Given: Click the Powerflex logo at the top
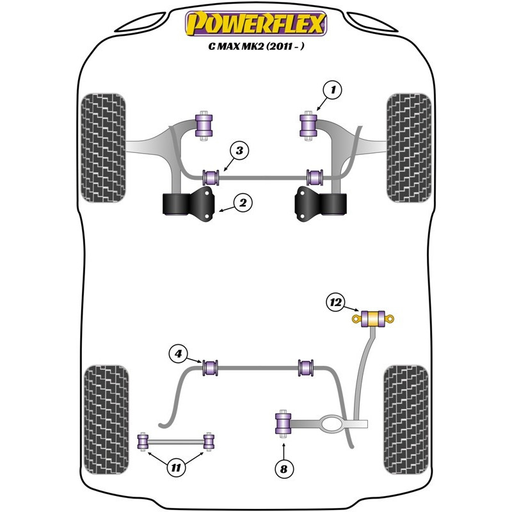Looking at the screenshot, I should (256, 24).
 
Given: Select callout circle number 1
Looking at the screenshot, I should (333, 91).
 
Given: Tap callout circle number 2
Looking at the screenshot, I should (243, 204).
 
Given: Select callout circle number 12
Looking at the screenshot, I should (335, 302).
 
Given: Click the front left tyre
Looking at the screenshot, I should (105, 148).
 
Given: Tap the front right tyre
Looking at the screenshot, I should (408, 148).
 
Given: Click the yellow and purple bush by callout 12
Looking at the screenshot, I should (372, 318).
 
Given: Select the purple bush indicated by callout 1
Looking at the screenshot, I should (310, 124).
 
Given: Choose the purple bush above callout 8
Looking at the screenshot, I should (283, 423).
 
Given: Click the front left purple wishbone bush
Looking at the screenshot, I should (205, 124).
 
